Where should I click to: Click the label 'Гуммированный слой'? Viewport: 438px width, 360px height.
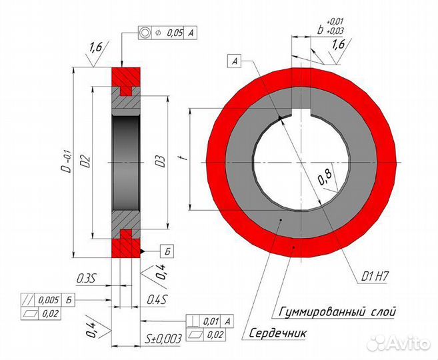pyautogui.click(x=337, y=311)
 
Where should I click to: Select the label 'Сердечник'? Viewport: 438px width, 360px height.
pyautogui.click(x=277, y=333)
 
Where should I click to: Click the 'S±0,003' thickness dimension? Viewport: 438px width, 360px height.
pyautogui.click(x=163, y=339)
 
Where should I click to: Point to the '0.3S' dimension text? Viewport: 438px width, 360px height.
pyautogui.click(x=86, y=279)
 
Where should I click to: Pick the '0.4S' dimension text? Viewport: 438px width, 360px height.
pyautogui.click(x=157, y=300)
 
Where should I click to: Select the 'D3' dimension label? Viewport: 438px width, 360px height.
pyautogui.click(x=161, y=161)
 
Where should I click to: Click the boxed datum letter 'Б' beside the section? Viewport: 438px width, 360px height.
pyautogui.click(x=167, y=251)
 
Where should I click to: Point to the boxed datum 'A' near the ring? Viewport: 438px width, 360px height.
pyautogui.click(x=235, y=61)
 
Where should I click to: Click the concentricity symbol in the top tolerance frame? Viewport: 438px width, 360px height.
pyautogui.click(x=145, y=33)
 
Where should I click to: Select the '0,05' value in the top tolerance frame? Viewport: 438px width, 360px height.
pyautogui.click(x=175, y=33)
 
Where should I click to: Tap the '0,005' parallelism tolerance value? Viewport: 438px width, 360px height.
pyautogui.click(x=49, y=300)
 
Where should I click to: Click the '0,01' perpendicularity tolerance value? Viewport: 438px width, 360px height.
pyautogui.click(x=211, y=321)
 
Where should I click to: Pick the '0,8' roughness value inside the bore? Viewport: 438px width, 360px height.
pyautogui.click(x=325, y=177)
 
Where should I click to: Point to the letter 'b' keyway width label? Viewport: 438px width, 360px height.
pyautogui.click(x=321, y=30)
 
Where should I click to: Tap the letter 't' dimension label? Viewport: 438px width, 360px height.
pyautogui.click(x=185, y=159)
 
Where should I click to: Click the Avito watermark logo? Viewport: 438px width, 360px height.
pyautogui.click(x=399, y=343)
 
